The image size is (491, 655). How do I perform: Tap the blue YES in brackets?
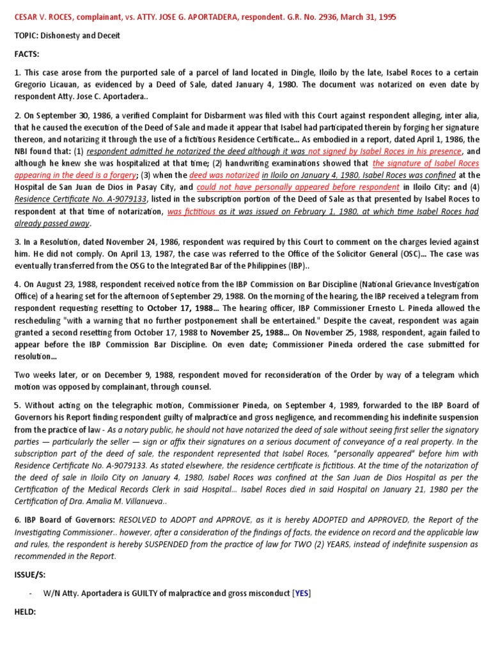(301, 593)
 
